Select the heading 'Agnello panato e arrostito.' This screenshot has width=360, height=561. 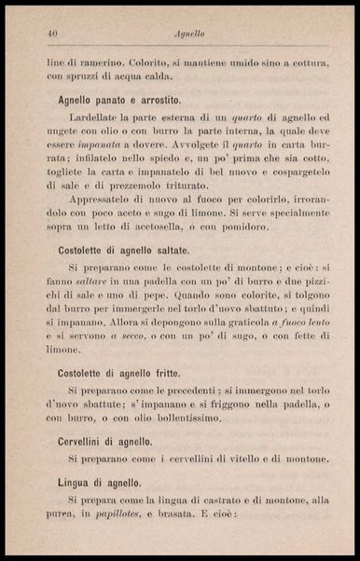pyautogui.click(x=118, y=98)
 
